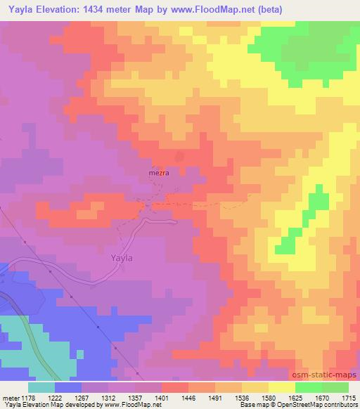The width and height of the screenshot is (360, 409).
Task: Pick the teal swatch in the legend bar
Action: point(41,387)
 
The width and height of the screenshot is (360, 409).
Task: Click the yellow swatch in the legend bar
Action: point(281,387)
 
